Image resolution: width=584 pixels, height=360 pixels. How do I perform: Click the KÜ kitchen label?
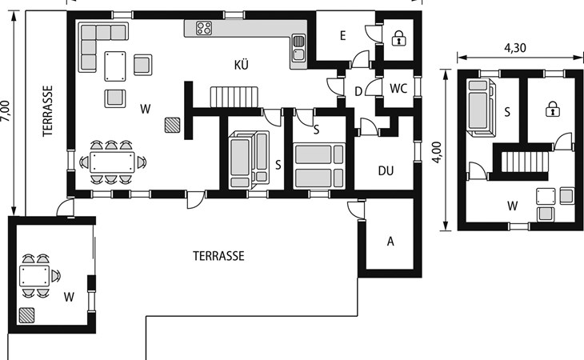[x=242, y=65]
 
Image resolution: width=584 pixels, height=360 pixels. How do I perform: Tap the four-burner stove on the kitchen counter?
[x=204, y=28]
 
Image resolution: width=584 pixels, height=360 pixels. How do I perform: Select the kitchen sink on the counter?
[x=298, y=48]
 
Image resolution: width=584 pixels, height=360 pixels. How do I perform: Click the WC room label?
[x=398, y=89]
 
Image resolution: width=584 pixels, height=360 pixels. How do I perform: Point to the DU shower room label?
[x=386, y=171]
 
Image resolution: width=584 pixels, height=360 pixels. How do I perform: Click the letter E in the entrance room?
[x=342, y=35]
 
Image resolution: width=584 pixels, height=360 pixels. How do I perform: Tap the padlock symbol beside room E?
[x=399, y=38]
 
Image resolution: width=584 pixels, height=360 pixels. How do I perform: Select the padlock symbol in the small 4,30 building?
[x=553, y=109]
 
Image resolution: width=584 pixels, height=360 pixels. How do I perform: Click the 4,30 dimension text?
[x=515, y=48]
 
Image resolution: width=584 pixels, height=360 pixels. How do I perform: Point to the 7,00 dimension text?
[x=6, y=111]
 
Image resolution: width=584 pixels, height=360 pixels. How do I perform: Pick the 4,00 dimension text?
[x=437, y=152]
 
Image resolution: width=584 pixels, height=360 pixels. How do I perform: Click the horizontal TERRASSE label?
[x=218, y=256]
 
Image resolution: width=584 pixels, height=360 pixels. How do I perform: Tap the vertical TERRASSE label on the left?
[x=48, y=111]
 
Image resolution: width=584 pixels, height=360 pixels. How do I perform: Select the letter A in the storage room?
[x=390, y=242]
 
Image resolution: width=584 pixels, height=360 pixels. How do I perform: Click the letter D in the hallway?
[x=358, y=91]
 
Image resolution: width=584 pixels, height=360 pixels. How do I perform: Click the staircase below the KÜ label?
[x=234, y=97]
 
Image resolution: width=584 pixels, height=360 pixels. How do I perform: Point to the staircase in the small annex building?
[x=525, y=162]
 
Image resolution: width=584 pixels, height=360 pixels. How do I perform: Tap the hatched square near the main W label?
[x=173, y=125]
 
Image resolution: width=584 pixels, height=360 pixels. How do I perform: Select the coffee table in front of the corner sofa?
[x=115, y=66]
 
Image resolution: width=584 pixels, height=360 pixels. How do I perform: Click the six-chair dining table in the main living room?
[x=112, y=162]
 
